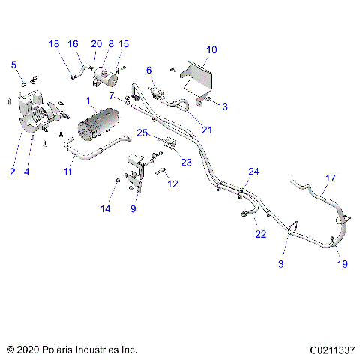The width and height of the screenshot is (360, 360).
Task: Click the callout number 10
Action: (211, 49)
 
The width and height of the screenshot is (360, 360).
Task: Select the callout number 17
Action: (330, 178)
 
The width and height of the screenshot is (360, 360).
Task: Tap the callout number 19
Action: (342, 264)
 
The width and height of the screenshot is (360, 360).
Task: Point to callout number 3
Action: (282, 264)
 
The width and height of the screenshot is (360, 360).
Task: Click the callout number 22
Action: (261, 234)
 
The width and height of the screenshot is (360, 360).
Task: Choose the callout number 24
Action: (253, 172)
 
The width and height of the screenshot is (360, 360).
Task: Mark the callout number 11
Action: (67, 172)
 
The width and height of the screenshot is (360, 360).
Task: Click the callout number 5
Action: (13, 65)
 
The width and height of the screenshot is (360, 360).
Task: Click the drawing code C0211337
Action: (329, 349)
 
